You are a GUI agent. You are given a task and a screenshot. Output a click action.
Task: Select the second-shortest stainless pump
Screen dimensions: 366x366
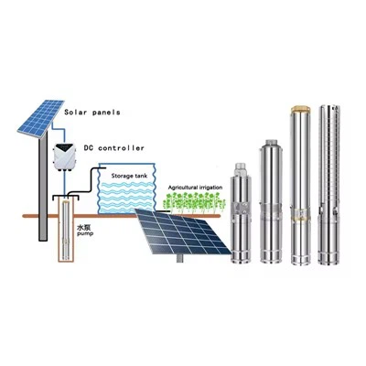click(270, 201)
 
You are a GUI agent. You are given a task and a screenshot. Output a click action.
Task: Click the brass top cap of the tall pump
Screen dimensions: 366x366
click(301, 111)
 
